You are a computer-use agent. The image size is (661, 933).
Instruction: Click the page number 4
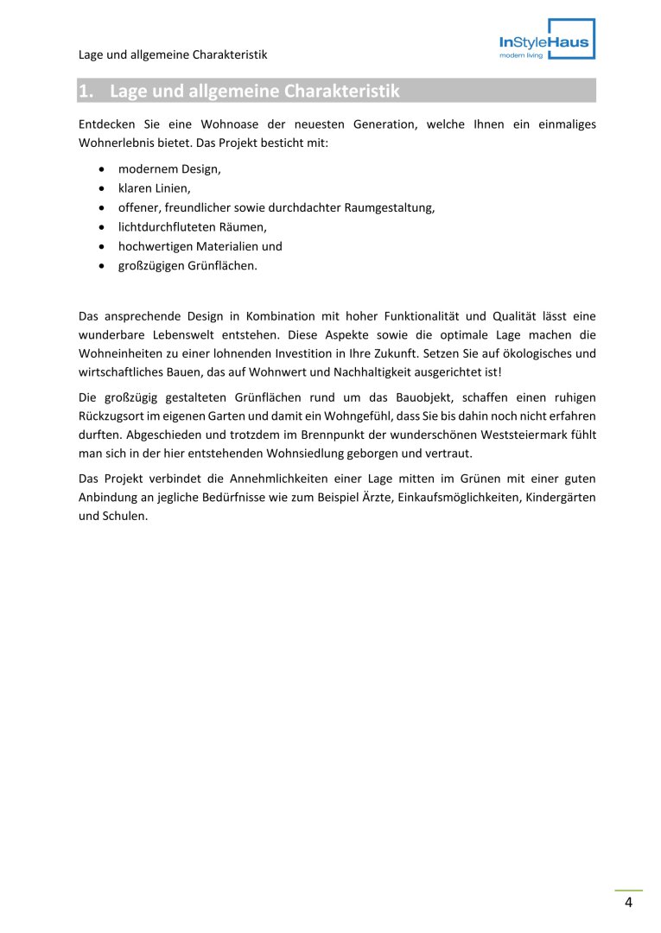(x=628, y=903)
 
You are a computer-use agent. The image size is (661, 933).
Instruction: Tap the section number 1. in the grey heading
(x=86, y=91)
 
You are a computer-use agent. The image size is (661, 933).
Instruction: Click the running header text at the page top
(x=172, y=54)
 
